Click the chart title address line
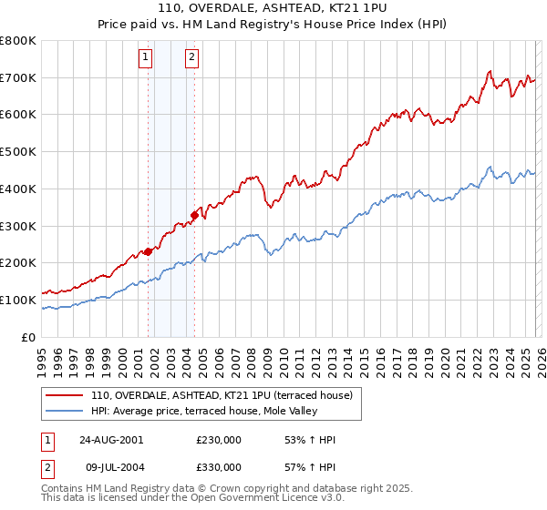[273, 9]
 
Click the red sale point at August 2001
[148, 251]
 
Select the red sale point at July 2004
[194, 215]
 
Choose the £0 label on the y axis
[27, 337]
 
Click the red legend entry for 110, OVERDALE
[226, 395]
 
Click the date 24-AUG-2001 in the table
[110, 440]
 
